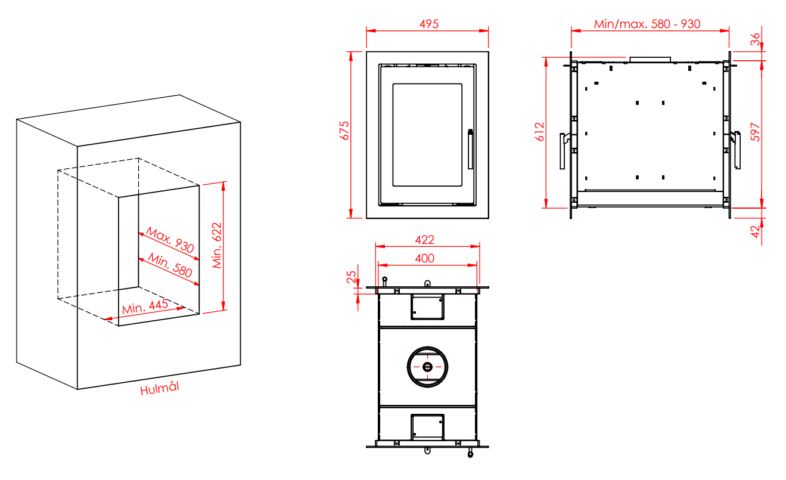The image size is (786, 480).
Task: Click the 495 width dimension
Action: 429,24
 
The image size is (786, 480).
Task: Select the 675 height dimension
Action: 344,131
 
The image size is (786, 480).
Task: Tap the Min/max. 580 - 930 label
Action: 647,24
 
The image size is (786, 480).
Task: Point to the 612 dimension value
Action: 540,132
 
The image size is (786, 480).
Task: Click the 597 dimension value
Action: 755,132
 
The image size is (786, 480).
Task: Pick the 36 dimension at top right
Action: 755,39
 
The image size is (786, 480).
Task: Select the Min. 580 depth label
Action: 170,266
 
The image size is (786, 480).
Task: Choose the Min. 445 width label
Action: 145,308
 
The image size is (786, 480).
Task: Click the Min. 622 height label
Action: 217,245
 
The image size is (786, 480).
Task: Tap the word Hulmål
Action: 160,389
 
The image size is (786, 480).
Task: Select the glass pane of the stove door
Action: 427,135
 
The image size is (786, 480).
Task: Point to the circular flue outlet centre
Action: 427,367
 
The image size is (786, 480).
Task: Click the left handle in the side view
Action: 562,151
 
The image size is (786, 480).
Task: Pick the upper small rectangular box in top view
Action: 427,307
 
